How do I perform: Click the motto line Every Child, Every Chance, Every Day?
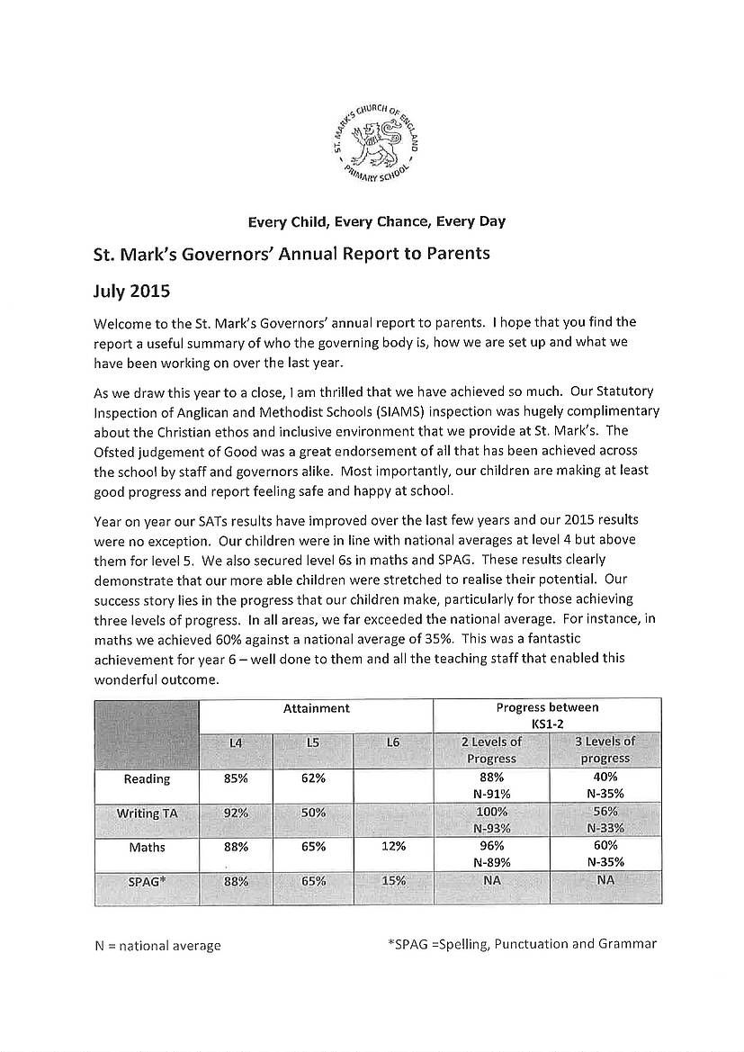[x=377, y=221]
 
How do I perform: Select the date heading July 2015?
[x=131, y=292]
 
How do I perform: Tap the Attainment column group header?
[x=317, y=708]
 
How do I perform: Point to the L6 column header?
[x=392, y=742]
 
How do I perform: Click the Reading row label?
[x=147, y=778]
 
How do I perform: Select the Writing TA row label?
[x=147, y=813]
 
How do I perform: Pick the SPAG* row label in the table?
[x=147, y=882]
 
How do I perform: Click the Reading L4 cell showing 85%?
[x=236, y=778]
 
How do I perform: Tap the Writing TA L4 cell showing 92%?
[x=236, y=812]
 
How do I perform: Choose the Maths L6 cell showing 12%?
[x=393, y=846]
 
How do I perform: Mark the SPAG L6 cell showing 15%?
[x=393, y=882]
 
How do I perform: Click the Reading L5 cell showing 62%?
[x=313, y=778]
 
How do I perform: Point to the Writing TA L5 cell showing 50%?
[x=313, y=812]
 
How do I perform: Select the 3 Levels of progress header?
[x=605, y=750]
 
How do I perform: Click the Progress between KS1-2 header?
[x=547, y=715]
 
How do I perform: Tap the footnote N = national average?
[x=157, y=946]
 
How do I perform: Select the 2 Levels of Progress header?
[x=491, y=750]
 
